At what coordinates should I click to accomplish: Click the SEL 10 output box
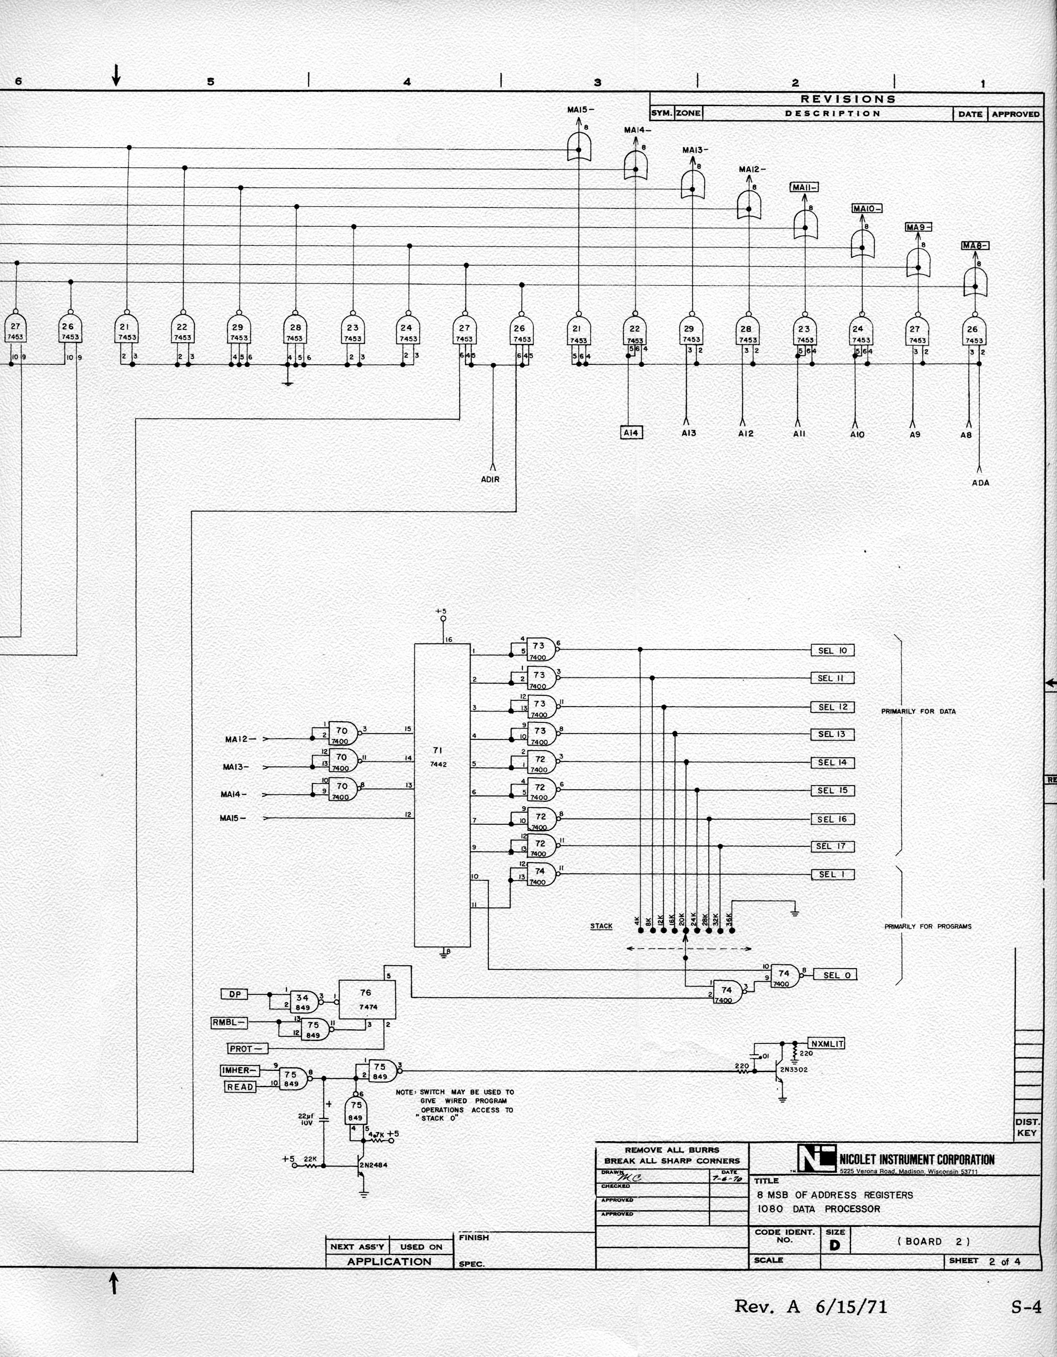coord(832,650)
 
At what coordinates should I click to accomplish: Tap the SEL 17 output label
coord(832,846)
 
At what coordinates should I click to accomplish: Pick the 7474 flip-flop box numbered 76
coord(366,1000)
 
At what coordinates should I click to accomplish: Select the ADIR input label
coord(490,479)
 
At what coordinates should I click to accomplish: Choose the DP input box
coord(234,994)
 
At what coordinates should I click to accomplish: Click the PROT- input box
coord(248,1049)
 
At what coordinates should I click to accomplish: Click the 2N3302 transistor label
coord(794,1070)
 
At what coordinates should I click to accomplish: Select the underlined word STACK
coord(601,927)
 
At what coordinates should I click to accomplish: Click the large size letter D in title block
coord(834,1245)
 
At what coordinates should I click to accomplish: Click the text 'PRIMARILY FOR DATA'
coord(918,712)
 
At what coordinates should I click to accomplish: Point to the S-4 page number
coord(1025,1307)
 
